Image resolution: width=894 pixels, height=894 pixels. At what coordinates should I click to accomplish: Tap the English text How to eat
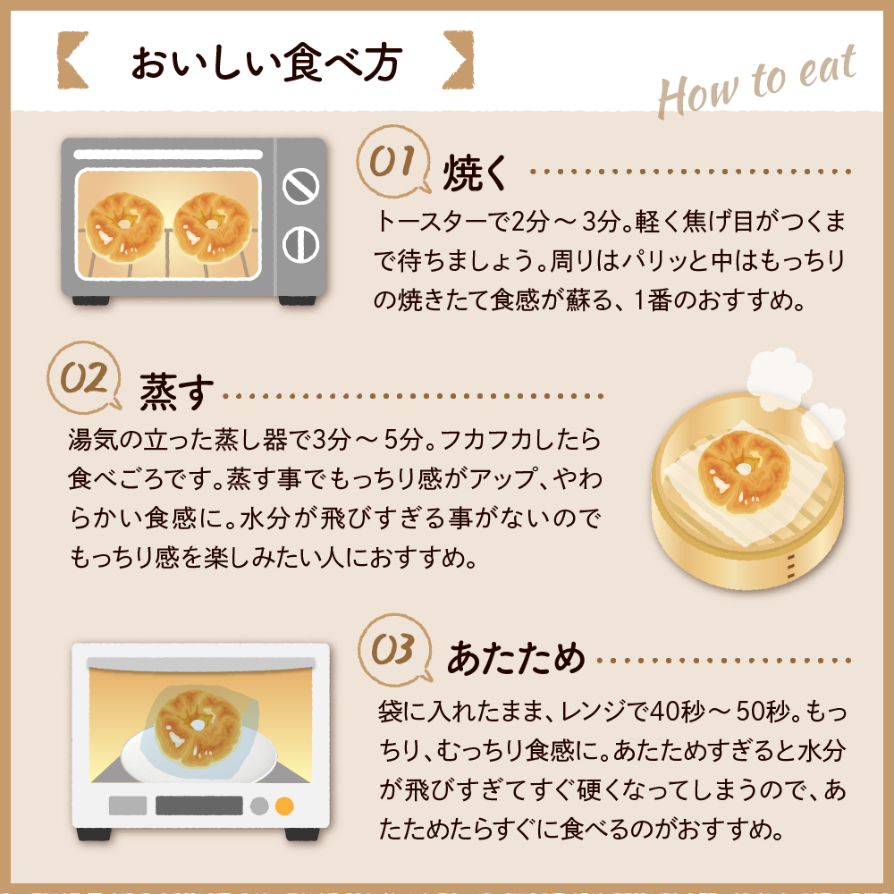pyautogui.click(x=756, y=84)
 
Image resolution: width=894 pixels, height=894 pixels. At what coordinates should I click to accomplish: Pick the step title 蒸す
pyautogui.click(x=177, y=393)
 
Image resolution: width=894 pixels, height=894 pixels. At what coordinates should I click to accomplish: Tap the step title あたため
pyautogui.click(x=516, y=659)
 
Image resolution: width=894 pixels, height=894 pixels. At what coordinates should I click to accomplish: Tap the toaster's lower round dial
pyautogui.click(x=300, y=243)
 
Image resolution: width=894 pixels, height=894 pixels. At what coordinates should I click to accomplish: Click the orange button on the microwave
pyautogui.click(x=284, y=805)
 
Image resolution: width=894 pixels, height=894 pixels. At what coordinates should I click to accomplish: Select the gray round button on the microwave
pyautogui.click(x=259, y=805)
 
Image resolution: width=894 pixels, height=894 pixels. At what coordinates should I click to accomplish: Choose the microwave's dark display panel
pyautogui.click(x=198, y=805)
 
